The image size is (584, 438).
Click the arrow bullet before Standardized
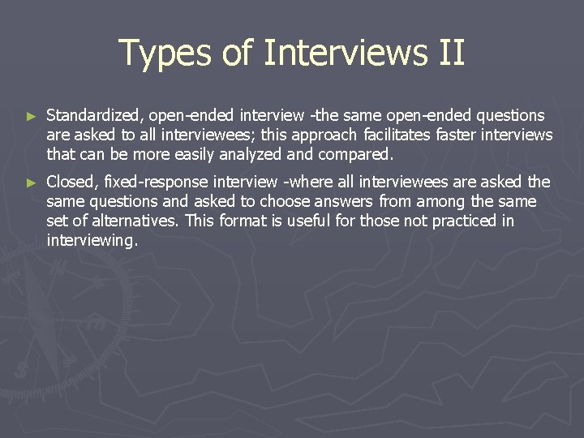click(31, 117)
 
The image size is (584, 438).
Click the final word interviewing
click(90, 240)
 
